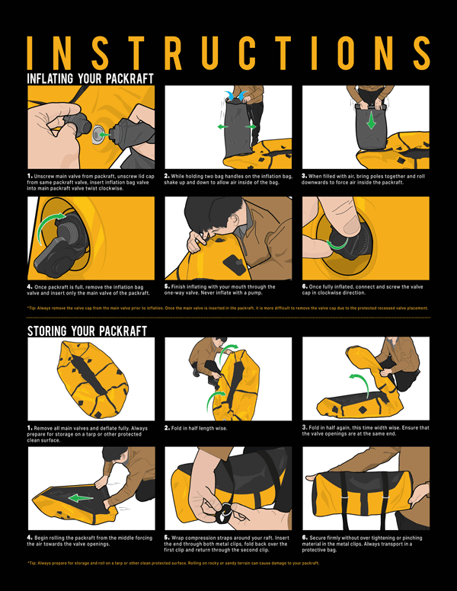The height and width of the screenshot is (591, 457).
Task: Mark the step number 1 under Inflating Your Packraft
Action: (29, 175)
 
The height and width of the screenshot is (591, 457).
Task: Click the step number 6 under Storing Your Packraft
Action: (304, 538)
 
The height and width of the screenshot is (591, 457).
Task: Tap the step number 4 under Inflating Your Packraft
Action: (29, 286)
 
